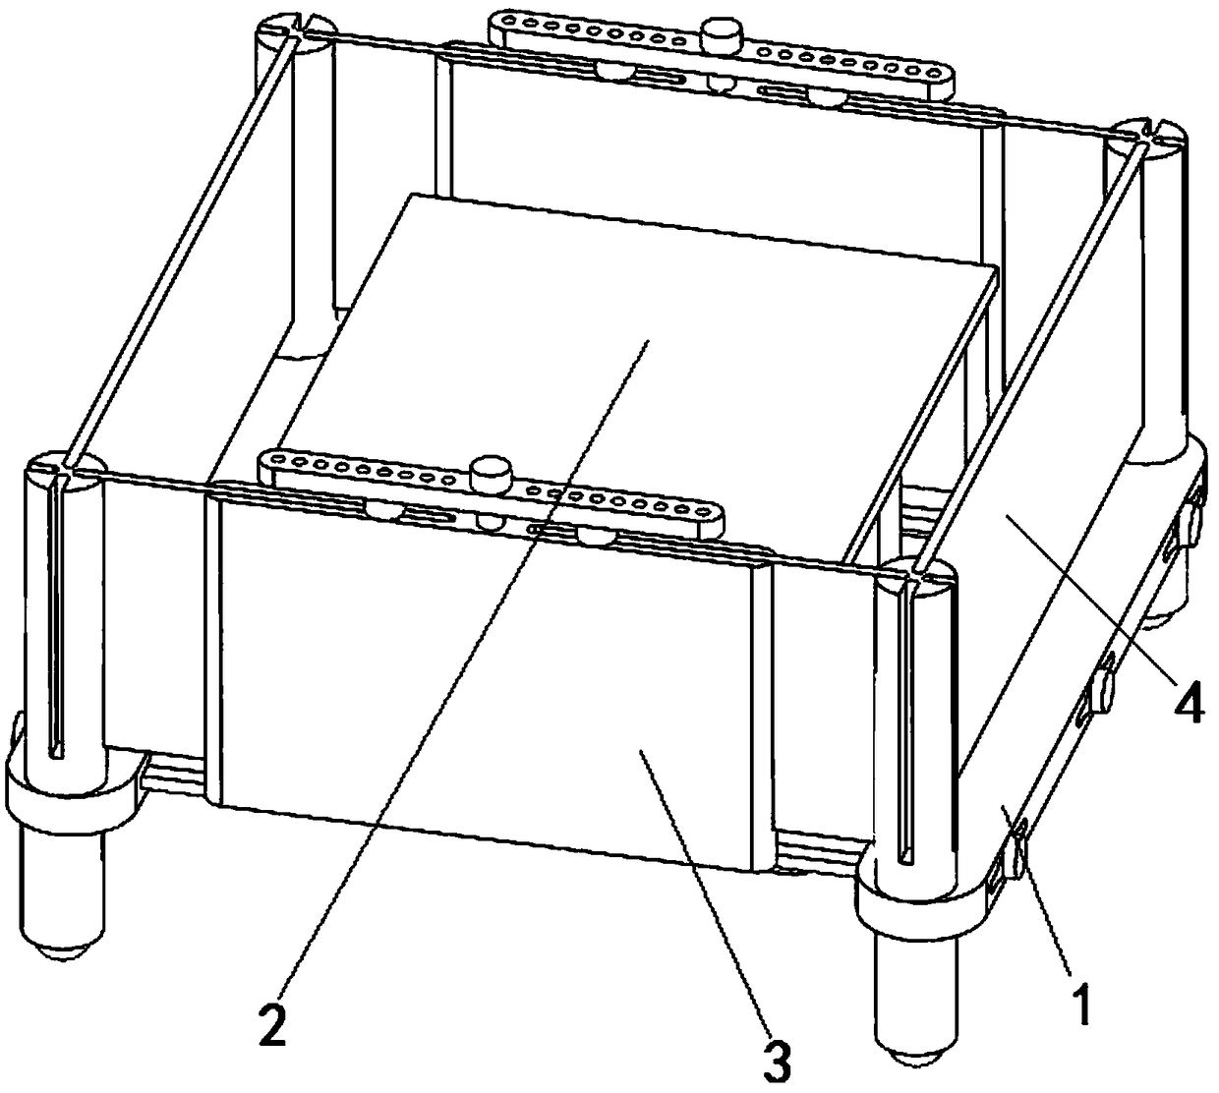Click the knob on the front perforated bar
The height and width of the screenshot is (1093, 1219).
point(492,474)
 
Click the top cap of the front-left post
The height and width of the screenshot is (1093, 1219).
point(66,472)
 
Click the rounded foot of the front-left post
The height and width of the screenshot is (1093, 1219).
point(61,951)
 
